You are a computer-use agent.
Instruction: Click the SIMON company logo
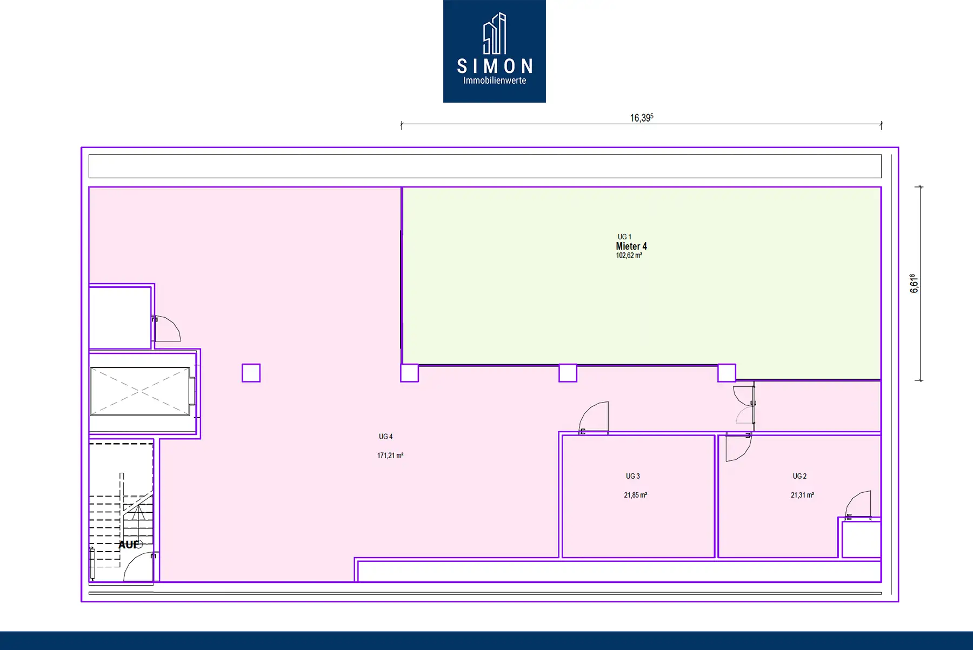[x=494, y=51]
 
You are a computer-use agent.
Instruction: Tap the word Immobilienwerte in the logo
[x=495, y=81]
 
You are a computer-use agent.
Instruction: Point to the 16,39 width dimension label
[x=642, y=117]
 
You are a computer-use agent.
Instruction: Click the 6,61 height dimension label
[x=914, y=283]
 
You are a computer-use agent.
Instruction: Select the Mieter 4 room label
[x=631, y=246]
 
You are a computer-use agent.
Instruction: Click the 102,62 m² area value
[x=629, y=256]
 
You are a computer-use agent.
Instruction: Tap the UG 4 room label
[x=385, y=437]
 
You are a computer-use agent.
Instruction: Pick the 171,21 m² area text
[x=390, y=455]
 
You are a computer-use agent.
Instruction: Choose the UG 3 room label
[x=632, y=476]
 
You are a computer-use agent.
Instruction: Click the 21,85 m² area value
[x=635, y=495]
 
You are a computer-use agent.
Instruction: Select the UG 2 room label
[x=799, y=476]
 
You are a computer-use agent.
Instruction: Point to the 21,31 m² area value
[x=802, y=495]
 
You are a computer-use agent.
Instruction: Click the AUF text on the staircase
[x=129, y=545]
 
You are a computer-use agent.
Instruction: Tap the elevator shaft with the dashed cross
[x=140, y=391]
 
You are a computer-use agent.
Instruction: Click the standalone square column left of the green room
[x=251, y=373]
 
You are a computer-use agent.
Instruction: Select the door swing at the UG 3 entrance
[x=594, y=418]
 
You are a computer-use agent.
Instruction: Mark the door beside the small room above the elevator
[x=166, y=329]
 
